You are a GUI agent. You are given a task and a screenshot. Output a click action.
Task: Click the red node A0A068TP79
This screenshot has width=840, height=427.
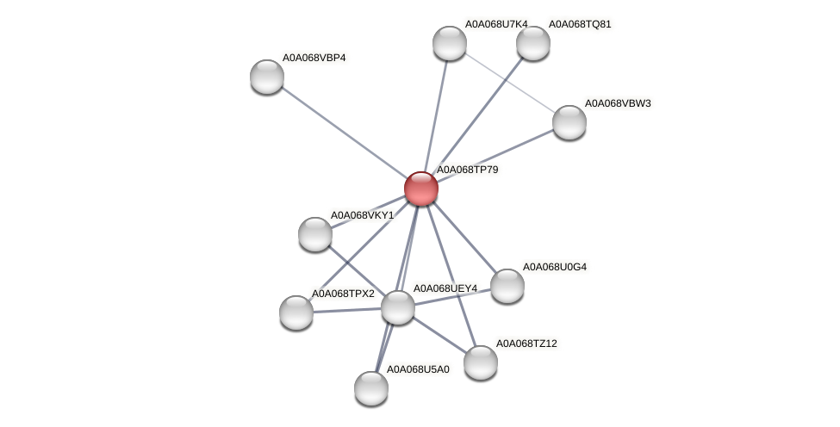pyautogui.click(x=421, y=188)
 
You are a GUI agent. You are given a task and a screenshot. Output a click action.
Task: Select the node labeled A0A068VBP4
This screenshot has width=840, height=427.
pyautogui.click(x=267, y=77)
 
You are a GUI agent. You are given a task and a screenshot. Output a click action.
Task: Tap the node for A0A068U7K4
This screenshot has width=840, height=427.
pyautogui.click(x=449, y=43)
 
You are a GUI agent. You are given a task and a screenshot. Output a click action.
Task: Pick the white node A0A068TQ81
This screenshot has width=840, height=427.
pyautogui.click(x=533, y=43)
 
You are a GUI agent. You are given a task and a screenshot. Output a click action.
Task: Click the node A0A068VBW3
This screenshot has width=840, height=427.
pyautogui.click(x=569, y=122)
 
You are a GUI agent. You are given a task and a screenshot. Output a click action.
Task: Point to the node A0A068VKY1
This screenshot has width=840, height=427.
pyautogui.click(x=315, y=234)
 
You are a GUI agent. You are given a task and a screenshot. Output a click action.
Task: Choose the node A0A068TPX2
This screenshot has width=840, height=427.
pyautogui.click(x=296, y=313)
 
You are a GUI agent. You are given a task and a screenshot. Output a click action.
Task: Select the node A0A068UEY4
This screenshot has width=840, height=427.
pyautogui.click(x=398, y=307)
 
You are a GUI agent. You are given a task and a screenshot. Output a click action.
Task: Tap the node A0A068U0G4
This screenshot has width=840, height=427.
pyautogui.click(x=507, y=286)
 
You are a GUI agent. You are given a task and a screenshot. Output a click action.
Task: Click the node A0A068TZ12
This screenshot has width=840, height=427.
pyautogui.click(x=481, y=362)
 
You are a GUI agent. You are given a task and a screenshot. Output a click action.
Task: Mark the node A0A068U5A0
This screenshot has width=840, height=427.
pyautogui.click(x=371, y=388)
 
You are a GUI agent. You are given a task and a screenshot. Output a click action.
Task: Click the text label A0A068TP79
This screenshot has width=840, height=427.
pyautogui.click(x=467, y=170)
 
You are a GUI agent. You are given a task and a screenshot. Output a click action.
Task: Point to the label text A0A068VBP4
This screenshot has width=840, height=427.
pyautogui.click(x=314, y=58)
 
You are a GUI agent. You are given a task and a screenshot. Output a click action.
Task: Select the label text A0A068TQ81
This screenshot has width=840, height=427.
pyautogui.click(x=580, y=24)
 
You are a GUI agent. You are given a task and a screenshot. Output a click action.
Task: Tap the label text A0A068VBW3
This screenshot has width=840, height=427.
pyautogui.click(x=617, y=103)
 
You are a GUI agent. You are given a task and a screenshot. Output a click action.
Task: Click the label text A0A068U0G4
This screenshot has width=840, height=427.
pyautogui.click(x=554, y=267)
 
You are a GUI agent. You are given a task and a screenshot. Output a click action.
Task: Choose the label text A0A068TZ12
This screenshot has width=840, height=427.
pyautogui.click(x=526, y=343)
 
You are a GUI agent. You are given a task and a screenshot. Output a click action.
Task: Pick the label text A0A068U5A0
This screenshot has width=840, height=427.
pyautogui.click(x=418, y=369)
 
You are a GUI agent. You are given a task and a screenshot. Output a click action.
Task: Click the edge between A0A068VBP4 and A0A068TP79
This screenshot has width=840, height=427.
pyautogui.click(x=345, y=133)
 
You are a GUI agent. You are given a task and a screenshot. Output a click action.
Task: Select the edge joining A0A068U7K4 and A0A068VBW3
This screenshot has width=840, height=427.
pyautogui.click(x=509, y=83)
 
